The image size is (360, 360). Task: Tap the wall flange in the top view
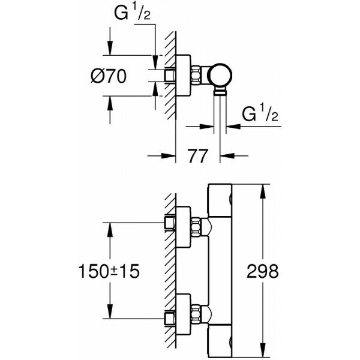[x=184, y=77]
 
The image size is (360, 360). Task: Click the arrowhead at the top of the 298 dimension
[x=262, y=188]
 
